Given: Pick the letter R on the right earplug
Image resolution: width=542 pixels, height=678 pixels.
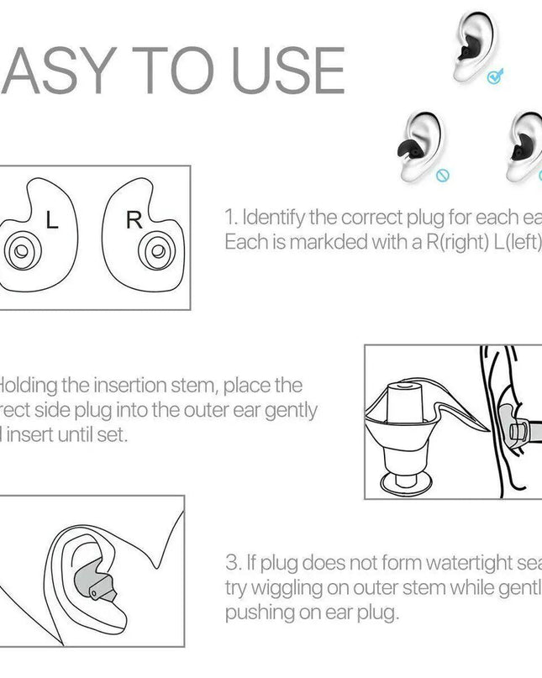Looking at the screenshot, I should pyautogui.click(x=134, y=221).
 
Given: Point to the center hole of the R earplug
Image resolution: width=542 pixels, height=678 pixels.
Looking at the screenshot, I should pyautogui.click(x=154, y=251).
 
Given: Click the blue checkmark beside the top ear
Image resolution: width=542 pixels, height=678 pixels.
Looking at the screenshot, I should pyautogui.click(x=493, y=77).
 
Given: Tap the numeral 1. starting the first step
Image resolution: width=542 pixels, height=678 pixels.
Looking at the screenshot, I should pyautogui.click(x=231, y=218).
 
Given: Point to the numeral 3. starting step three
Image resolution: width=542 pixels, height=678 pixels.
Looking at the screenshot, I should pyautogui.click(x=233, y=562).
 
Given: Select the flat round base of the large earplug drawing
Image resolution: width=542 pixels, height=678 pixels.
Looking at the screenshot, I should pyautogui.click(x=408, y=482).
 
